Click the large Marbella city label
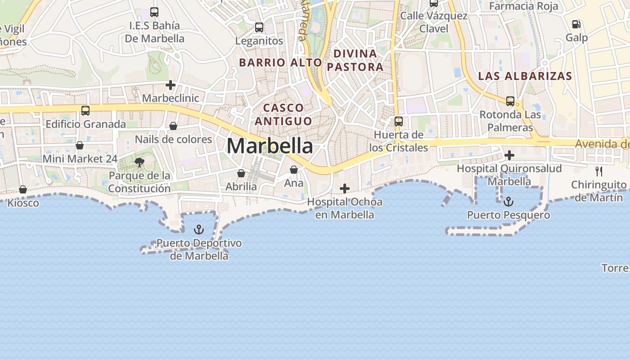coord(270,146)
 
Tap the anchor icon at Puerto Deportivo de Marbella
coord(198,230)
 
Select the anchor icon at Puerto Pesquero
coord(508,202)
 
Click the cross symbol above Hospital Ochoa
coord(345,189)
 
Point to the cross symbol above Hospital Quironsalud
coord(509,156)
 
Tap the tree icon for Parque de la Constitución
coord(139,162)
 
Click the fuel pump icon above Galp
coord(576,24)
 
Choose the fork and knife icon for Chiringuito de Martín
coord(598,171)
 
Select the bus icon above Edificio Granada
coord(85,111)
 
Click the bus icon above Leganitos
coord(259,27)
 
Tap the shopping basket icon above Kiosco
coord(23,189)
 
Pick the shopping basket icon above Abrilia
coord(241,173)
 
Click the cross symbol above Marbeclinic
coord(171,85)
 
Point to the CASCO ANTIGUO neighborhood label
coord(283,114)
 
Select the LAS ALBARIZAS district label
coord(525,76)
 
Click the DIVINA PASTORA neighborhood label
coord(355,60)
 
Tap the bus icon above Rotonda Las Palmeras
coord(510,101)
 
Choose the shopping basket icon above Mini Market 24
coord(80,145)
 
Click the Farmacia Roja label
coord(523,6)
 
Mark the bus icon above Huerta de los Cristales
coord(399,121)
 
